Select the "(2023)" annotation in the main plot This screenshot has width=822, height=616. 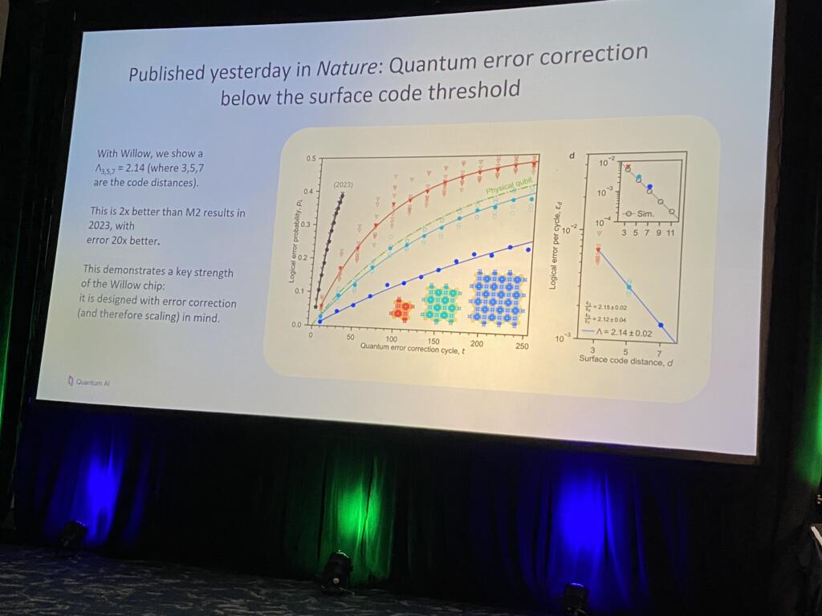coord(343,184)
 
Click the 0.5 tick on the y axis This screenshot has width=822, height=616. coord(311,160)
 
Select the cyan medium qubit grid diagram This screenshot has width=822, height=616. coord(440,303)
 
